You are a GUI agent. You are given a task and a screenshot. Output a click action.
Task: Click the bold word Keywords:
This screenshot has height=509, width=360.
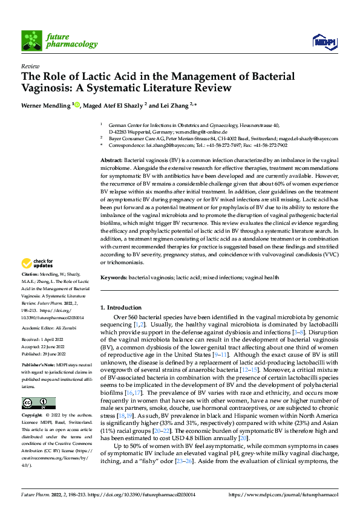113,276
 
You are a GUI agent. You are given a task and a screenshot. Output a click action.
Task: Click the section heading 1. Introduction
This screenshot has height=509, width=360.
121,308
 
